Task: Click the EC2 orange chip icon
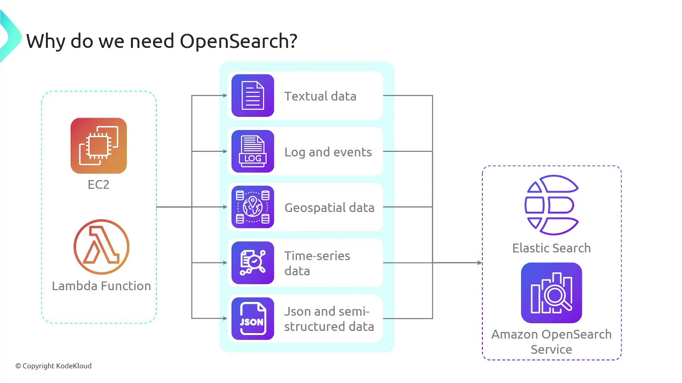point(99,146)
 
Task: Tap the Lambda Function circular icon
point(102,247)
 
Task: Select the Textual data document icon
point(253,95)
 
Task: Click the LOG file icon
point(253,151)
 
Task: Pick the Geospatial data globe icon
point(253,207)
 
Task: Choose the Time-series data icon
point(253,263)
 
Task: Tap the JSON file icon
point(253,318)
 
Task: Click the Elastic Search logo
point(551,205)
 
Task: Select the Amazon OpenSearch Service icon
point(551,293)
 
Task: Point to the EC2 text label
point(98,185)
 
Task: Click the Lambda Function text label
point(102,286)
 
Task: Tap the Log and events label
point(328,152)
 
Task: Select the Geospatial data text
point(329,208)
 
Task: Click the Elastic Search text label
point(551,248)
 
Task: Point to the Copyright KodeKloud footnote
point(54,366)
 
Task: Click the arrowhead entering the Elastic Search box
point(480,263)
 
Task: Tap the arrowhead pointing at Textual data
point(225,95)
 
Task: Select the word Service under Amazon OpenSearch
point(551,350)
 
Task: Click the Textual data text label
point(320,96)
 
